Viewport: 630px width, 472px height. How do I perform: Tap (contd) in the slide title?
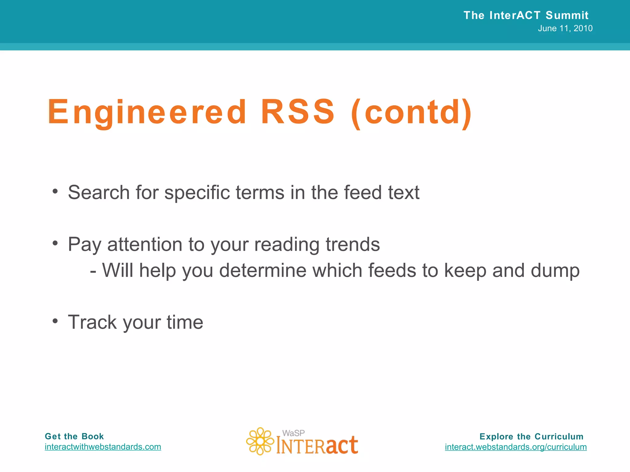(x=411, y=113)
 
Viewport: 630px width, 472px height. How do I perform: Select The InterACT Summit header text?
(x=526, y=15)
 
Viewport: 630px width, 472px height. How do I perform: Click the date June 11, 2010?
(x=565, y=28)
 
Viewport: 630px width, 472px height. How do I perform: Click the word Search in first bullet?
(x=99, y=192)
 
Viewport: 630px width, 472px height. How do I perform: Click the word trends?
(x=353, y=245)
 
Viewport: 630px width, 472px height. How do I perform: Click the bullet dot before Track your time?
(x=55, y=321)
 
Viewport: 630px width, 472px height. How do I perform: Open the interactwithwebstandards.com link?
(x=103, y=446)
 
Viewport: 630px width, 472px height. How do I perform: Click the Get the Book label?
(x=74, y=436)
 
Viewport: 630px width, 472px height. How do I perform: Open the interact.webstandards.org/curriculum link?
(x=516, y=447)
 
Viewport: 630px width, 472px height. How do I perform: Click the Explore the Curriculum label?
(x=531, y=436)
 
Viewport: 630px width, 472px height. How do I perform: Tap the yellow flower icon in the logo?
(x=260, y=441)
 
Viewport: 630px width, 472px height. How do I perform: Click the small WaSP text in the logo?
(x=293, y=433)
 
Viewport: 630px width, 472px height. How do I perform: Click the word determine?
(x=263, y=271)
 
